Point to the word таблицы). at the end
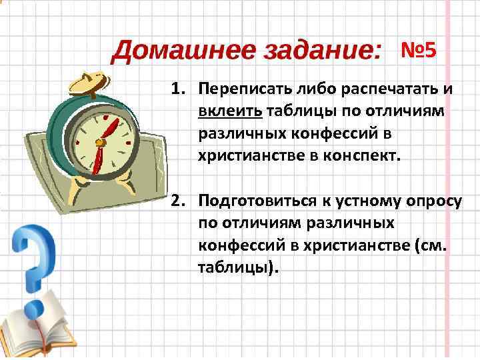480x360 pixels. tap(235, 269)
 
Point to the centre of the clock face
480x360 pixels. tap(101, 141)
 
